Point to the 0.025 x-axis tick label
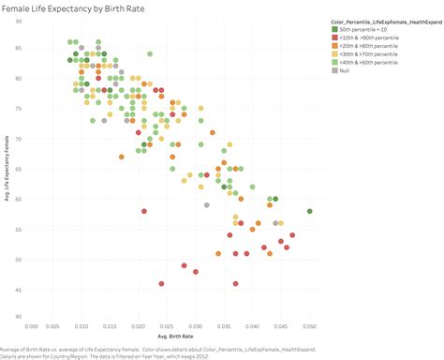(x=170, y=327)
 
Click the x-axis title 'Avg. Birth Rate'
(x=170, y=336)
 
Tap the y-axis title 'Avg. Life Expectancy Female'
(x=7, y=169)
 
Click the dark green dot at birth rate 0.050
(x=309, y=211)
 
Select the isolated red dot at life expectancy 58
(x=144, y=211)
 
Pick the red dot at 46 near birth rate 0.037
(x=235, y=283)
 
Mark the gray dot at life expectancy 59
(x=207, y=204)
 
